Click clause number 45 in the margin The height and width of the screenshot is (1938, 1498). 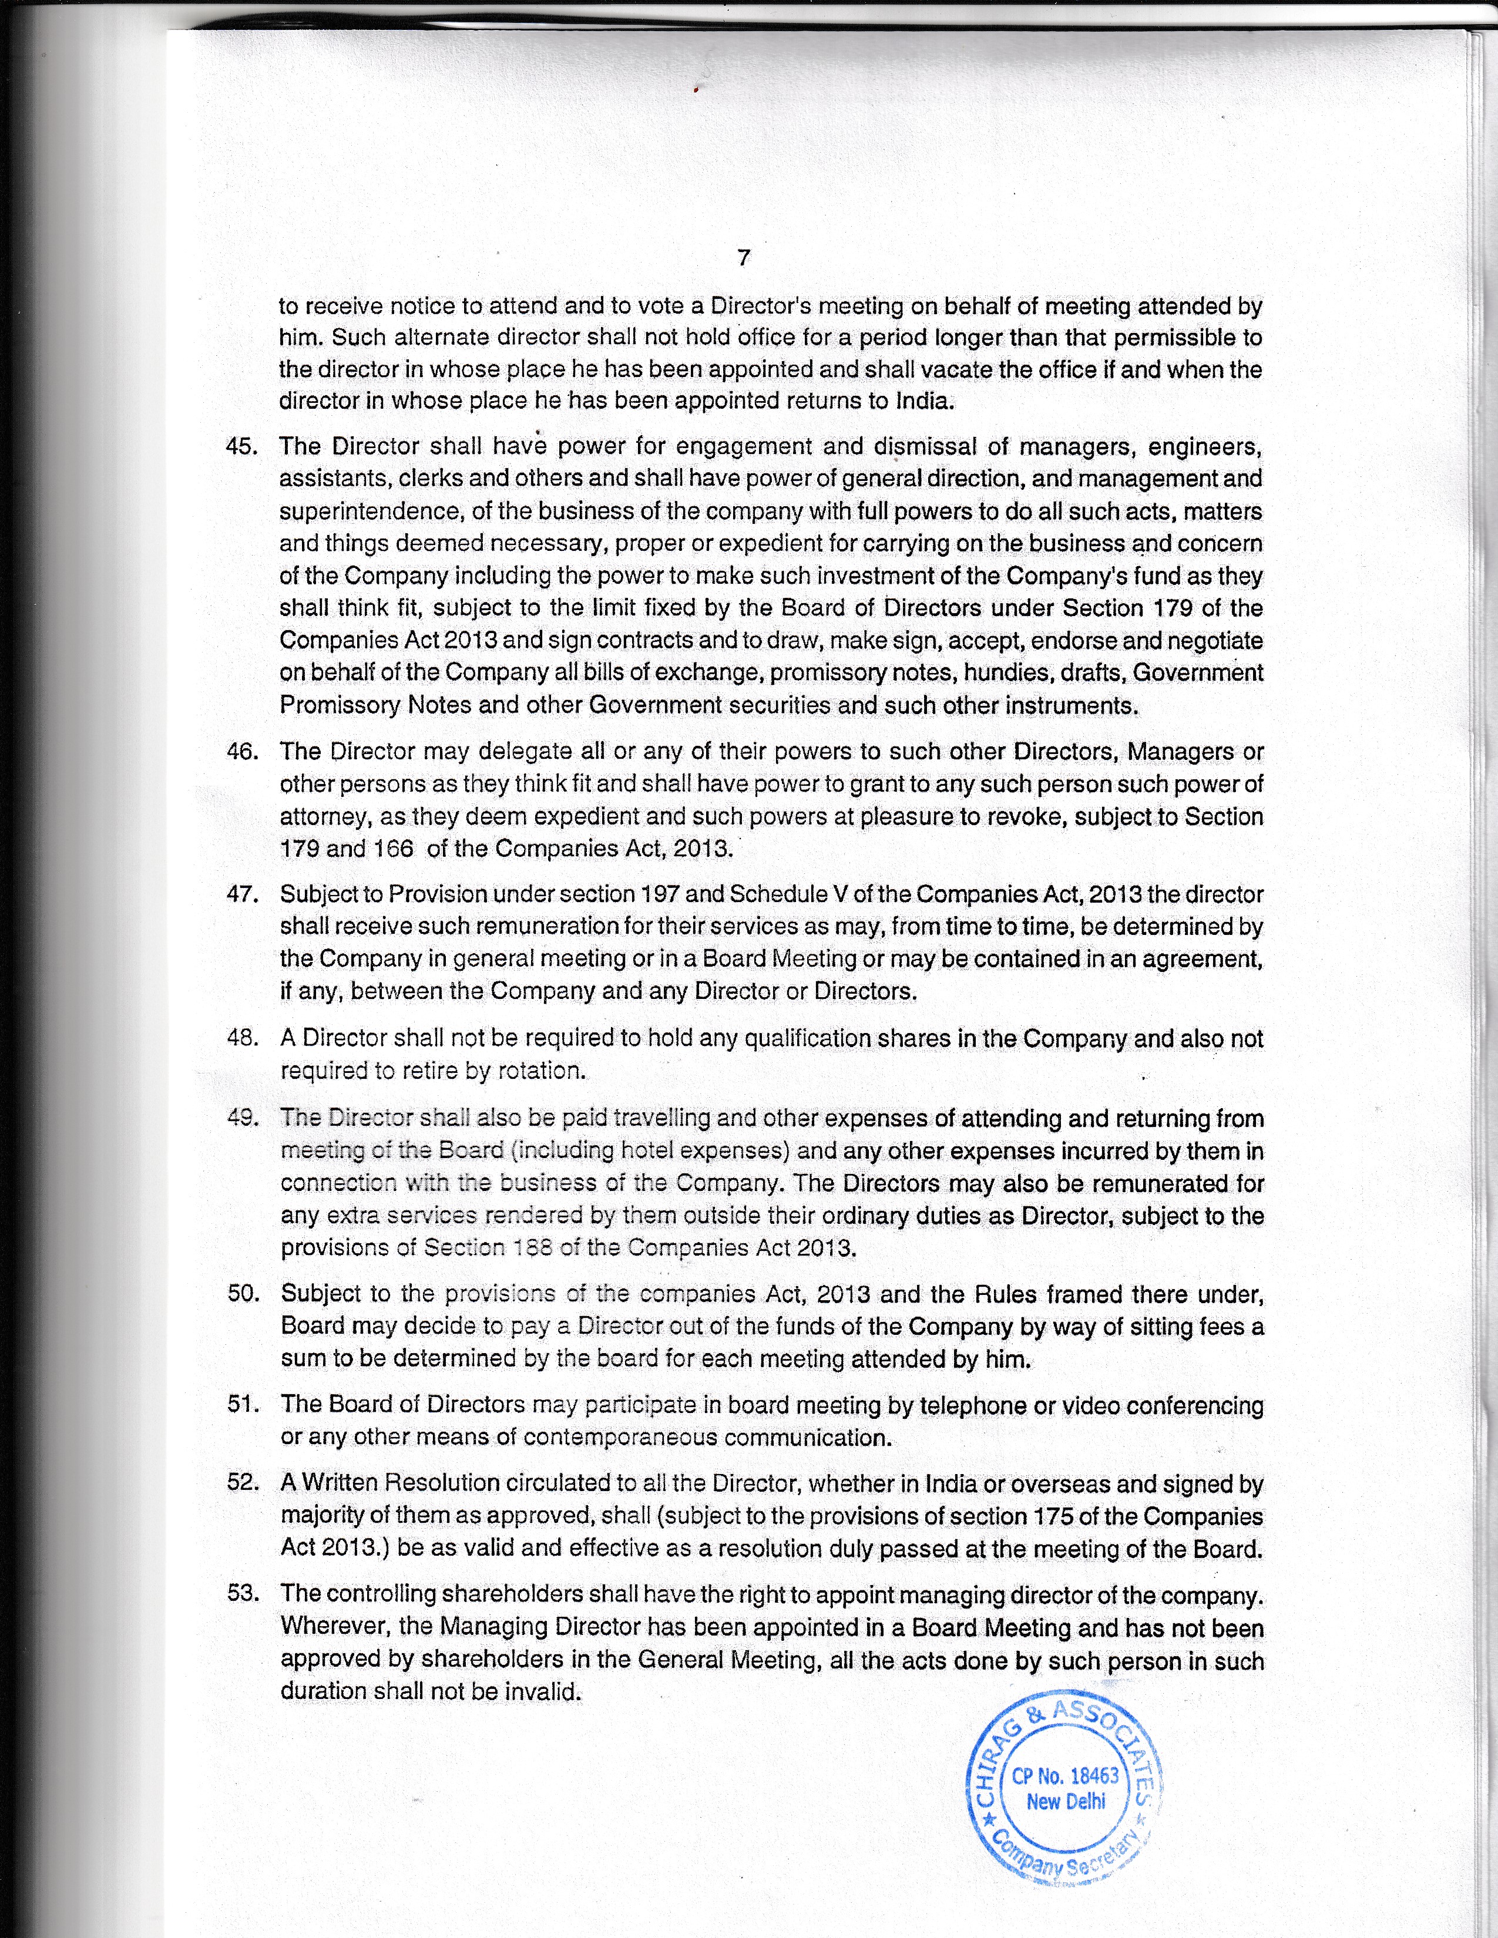(x=242, y=446)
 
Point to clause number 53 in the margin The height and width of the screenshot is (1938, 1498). (x=242, y=1592)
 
